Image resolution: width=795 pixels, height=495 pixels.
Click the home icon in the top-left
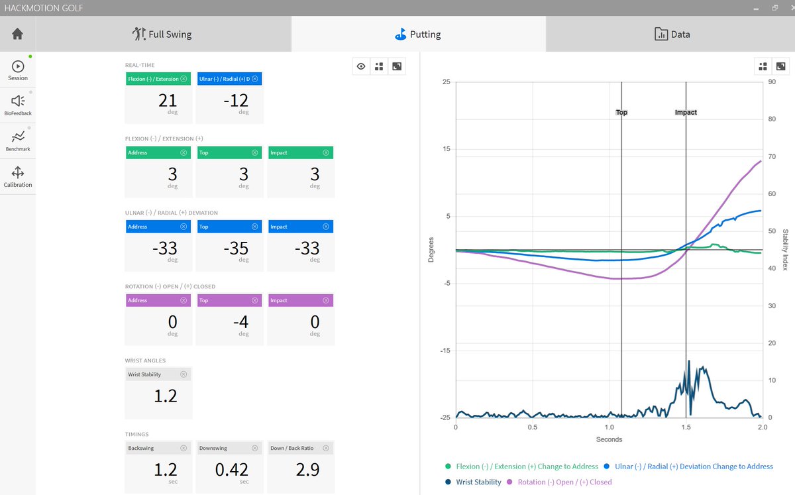point(17,34)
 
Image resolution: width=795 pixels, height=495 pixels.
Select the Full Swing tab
point(162,34)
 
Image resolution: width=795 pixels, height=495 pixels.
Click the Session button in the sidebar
point(18,70)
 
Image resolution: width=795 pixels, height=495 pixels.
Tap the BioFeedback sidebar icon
point(18,105)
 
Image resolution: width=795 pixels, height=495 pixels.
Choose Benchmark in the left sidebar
point(18,140)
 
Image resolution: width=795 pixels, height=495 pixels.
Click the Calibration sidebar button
point(18,176)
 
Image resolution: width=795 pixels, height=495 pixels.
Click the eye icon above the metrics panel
point(361,66)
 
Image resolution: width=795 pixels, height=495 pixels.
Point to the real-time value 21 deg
point(168,101)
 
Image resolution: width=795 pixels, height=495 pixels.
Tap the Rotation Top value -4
point(243,322)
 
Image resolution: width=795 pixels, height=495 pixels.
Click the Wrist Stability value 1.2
point(166,396)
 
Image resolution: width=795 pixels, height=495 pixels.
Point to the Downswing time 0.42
point(232,470)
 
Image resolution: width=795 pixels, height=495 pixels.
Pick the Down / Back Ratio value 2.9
point(308,470)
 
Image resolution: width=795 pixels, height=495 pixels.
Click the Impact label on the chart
point(686,113)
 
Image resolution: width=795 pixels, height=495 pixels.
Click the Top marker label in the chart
point(621,113)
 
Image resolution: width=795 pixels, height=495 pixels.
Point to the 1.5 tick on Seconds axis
point(686,427)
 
